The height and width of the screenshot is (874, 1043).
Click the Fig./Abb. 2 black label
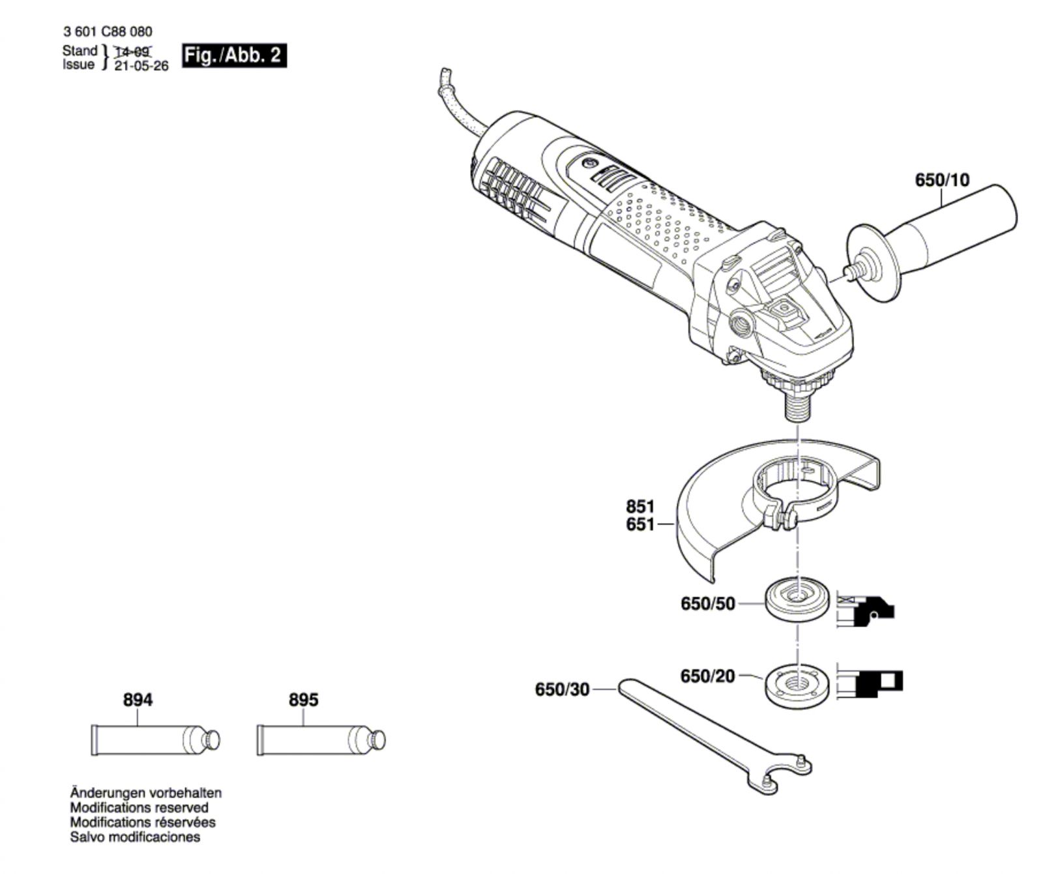pos(234,55)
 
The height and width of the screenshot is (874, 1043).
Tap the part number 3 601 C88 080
pos(108,31)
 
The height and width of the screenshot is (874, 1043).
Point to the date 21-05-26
pos(141,66)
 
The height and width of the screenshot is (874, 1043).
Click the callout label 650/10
pos(942,179)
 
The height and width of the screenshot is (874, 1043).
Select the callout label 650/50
pos(707,604)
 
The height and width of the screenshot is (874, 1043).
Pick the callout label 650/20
pos(707,676)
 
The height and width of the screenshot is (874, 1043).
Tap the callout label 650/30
pos(562,689)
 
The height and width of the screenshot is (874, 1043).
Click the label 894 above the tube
pos(138,700)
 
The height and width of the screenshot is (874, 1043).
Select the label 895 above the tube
pos(303,700)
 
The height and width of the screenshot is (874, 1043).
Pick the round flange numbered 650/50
pos(796,601)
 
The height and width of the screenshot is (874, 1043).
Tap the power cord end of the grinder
pos(445,72)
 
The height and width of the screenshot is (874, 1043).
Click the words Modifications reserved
pos(140,807)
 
